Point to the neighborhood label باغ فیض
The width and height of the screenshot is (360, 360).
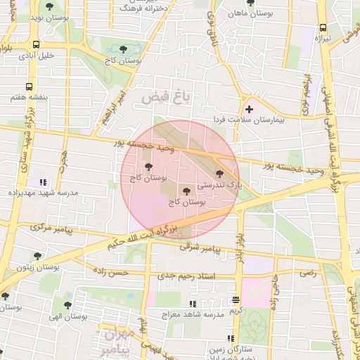[x=166, y=98]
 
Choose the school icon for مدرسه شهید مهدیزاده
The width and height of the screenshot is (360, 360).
[x=42, y=181]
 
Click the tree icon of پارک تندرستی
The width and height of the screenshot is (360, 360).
[x=219, y=173]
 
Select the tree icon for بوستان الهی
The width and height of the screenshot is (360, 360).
[x=67, y=305]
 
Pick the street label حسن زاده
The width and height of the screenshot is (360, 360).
[x=127, y=271]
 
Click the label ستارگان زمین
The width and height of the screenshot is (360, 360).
[x=226, y=347]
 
